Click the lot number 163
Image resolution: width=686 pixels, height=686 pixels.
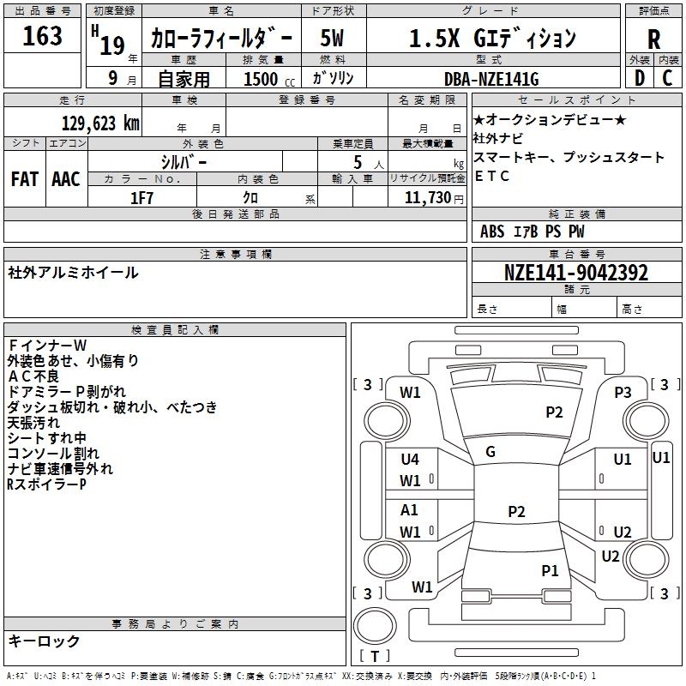[x=43, y=36]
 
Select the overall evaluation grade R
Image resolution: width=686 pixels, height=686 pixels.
[x=653, y=39]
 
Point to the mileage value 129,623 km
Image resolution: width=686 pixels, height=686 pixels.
[x=101, y=123]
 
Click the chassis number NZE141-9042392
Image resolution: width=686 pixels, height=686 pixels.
[x=576, y=273]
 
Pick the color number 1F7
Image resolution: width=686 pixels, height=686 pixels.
[x=141, y=197]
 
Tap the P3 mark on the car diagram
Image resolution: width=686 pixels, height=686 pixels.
[x=623, y=392]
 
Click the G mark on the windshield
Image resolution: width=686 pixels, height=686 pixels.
[x=490, y=452]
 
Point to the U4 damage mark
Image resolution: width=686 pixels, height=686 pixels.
[x=410, y=460]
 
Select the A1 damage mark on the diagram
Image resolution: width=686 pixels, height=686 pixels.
[x=410, y=510]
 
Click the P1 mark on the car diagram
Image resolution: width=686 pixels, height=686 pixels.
[x=550, y=570]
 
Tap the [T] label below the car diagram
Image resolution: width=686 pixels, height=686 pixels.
[x=375, y=656]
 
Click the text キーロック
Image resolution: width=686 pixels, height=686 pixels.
[x=45, y=641]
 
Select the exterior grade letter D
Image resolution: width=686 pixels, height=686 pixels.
[x=639, y=78]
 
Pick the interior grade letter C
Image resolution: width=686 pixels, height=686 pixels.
[x=667, y=78]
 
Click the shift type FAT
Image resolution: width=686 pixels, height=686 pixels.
[x=24, y=179]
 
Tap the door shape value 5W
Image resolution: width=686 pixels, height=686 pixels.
[x=332, y=39]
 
